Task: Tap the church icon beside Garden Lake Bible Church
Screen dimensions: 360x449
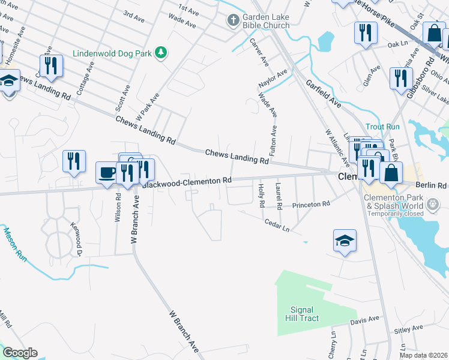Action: tap(233, 21)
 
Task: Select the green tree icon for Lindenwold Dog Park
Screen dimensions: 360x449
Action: tap(160, 53)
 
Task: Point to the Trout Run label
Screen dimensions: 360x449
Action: tap(382, 127)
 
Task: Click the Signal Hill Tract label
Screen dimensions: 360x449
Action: tap(301, 314)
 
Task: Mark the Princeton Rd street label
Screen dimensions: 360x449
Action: tap(311, 205)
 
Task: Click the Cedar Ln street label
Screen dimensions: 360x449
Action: tap(277, 226)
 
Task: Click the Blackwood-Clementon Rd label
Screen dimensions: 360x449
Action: tap(187, 181)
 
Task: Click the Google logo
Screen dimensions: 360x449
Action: tap(20, 353)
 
